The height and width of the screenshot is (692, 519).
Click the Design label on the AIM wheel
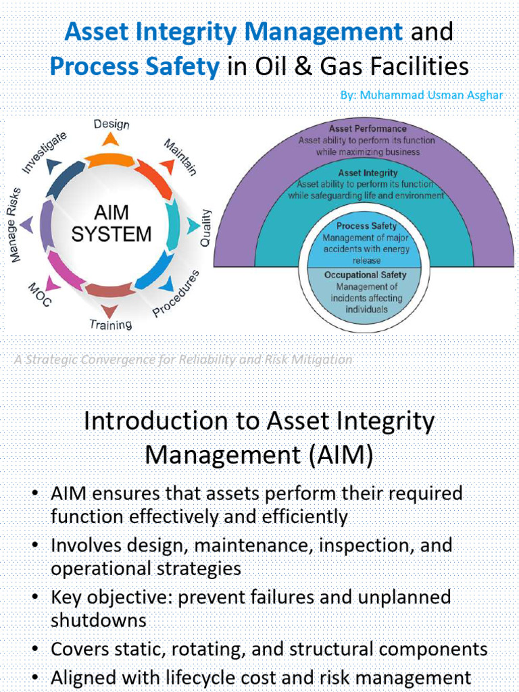(112, 124)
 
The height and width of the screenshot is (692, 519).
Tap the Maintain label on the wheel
(180, 157)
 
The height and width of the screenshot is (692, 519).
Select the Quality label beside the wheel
(205, 227)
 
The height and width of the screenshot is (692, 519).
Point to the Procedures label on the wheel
(176, 293)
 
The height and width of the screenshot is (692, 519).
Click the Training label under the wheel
(111, 324)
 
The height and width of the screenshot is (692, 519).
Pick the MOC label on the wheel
(39, 295)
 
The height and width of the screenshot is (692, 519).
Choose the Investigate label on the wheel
(45, 153)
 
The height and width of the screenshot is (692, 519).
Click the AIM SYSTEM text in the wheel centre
(112, 224)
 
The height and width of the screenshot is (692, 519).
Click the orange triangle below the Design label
(110, 139)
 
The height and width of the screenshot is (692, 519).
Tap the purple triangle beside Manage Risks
(26, 224)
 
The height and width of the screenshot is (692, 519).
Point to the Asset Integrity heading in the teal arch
(367, 173)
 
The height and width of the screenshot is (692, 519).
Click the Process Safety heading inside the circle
(366, 226)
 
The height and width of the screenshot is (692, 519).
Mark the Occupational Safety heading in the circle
(366, 275)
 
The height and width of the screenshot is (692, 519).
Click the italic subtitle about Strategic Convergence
(183, 360)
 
